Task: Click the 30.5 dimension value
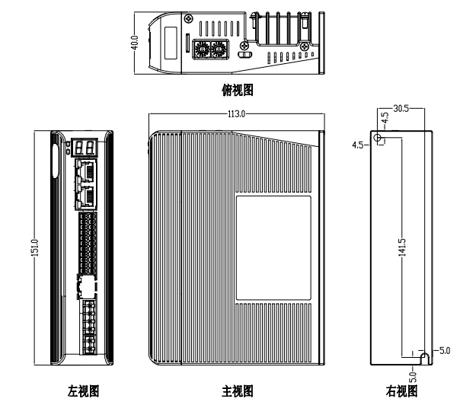click(399, 109)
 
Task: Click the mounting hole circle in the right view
click(379, 139)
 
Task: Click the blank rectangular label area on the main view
click(274, 247)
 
